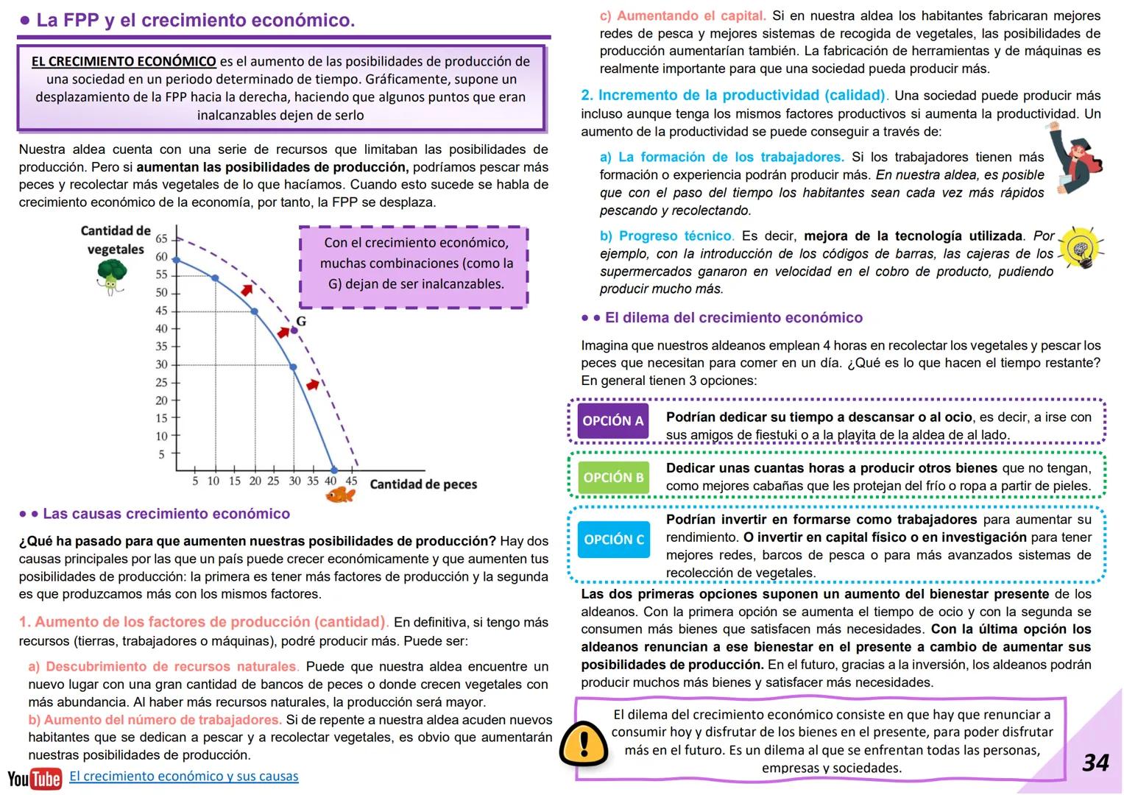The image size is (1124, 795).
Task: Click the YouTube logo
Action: [x=34, y=778]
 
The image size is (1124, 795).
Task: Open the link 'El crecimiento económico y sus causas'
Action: [x=183, y=776]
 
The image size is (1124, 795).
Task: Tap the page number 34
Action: [x=1095, y=762]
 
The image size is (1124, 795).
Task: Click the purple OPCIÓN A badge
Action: [x=612, y=421]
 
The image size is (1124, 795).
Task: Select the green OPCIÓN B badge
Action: [x=613, y=478]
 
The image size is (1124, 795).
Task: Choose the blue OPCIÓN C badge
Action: [x=613, y=540]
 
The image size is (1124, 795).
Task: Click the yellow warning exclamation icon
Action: [x=583, y=745]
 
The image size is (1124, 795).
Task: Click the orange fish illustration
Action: [x=339, y=495]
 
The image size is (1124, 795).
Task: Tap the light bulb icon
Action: [x=1081, y=250]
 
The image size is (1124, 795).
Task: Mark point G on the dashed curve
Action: [x=294, y=330]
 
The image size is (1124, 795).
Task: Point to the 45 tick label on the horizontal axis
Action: [x=351, y=481]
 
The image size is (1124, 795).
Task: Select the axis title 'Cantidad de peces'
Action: [x=423, y=484]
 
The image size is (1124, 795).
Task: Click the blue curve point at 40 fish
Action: [x=333, y=470]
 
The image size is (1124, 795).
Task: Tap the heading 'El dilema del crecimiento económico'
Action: [x=733, y=318]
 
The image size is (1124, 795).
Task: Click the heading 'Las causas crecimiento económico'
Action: [x=166, y=514]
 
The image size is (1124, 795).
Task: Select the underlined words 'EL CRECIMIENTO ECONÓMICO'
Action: [x=124, y=62]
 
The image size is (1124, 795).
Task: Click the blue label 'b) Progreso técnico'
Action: [x=666, y=236]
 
